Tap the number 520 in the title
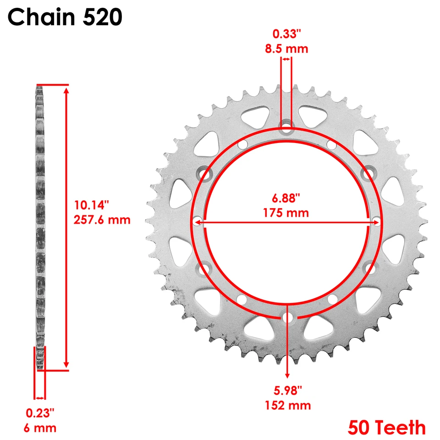(102, 17)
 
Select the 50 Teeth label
(386, 427)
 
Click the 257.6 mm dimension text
(102, 220)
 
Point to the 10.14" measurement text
(91, 205)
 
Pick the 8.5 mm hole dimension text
(286, 49)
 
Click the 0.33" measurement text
(286, 33)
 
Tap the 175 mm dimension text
(286, 213)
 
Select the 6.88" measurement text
(286, 198)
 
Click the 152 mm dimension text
(288, 405)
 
